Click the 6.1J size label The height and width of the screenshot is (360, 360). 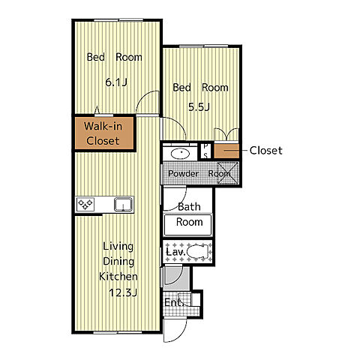pyautogui.click(x=116, y=82)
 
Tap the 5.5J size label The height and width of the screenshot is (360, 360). pyautogui.click(x=199, y=107)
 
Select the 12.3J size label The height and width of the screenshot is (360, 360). pyautogui.click(x=123, y=292)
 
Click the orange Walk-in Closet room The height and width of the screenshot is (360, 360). pyautogui.click(x=104, y=133)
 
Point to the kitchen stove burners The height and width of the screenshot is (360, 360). pyautogui.click(x=85, y=204)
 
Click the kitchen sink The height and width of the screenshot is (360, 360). pyautogui.click(x=123, y=204)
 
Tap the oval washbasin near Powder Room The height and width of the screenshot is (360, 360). pyautogui.click(x=180, y=154)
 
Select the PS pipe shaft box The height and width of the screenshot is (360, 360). pyautogui.click(x=205, y=151)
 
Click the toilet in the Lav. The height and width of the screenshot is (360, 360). pyautogui.click(x=198, y=251)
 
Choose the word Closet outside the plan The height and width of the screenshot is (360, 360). pyautogui.click(x=266, y=151)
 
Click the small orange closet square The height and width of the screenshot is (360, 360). pyautogui.click(x=226, y=151)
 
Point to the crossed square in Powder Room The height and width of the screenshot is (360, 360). pyautogui.click(x=228, y=172)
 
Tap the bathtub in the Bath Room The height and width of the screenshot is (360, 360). pyautogui.click(x=187, y=225)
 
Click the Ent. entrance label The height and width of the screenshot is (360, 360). pyautogui.click(x=173, y=303)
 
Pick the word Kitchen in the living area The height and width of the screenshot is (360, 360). pyautogui.click(x=118, y=277)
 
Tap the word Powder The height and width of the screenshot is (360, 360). pyautogui.click(x=183, y=173)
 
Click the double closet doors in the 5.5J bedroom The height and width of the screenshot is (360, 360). pyautogui.click(x=226, y=134)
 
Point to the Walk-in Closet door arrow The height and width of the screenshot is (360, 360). pyautogui.click(x=97, y=110)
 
